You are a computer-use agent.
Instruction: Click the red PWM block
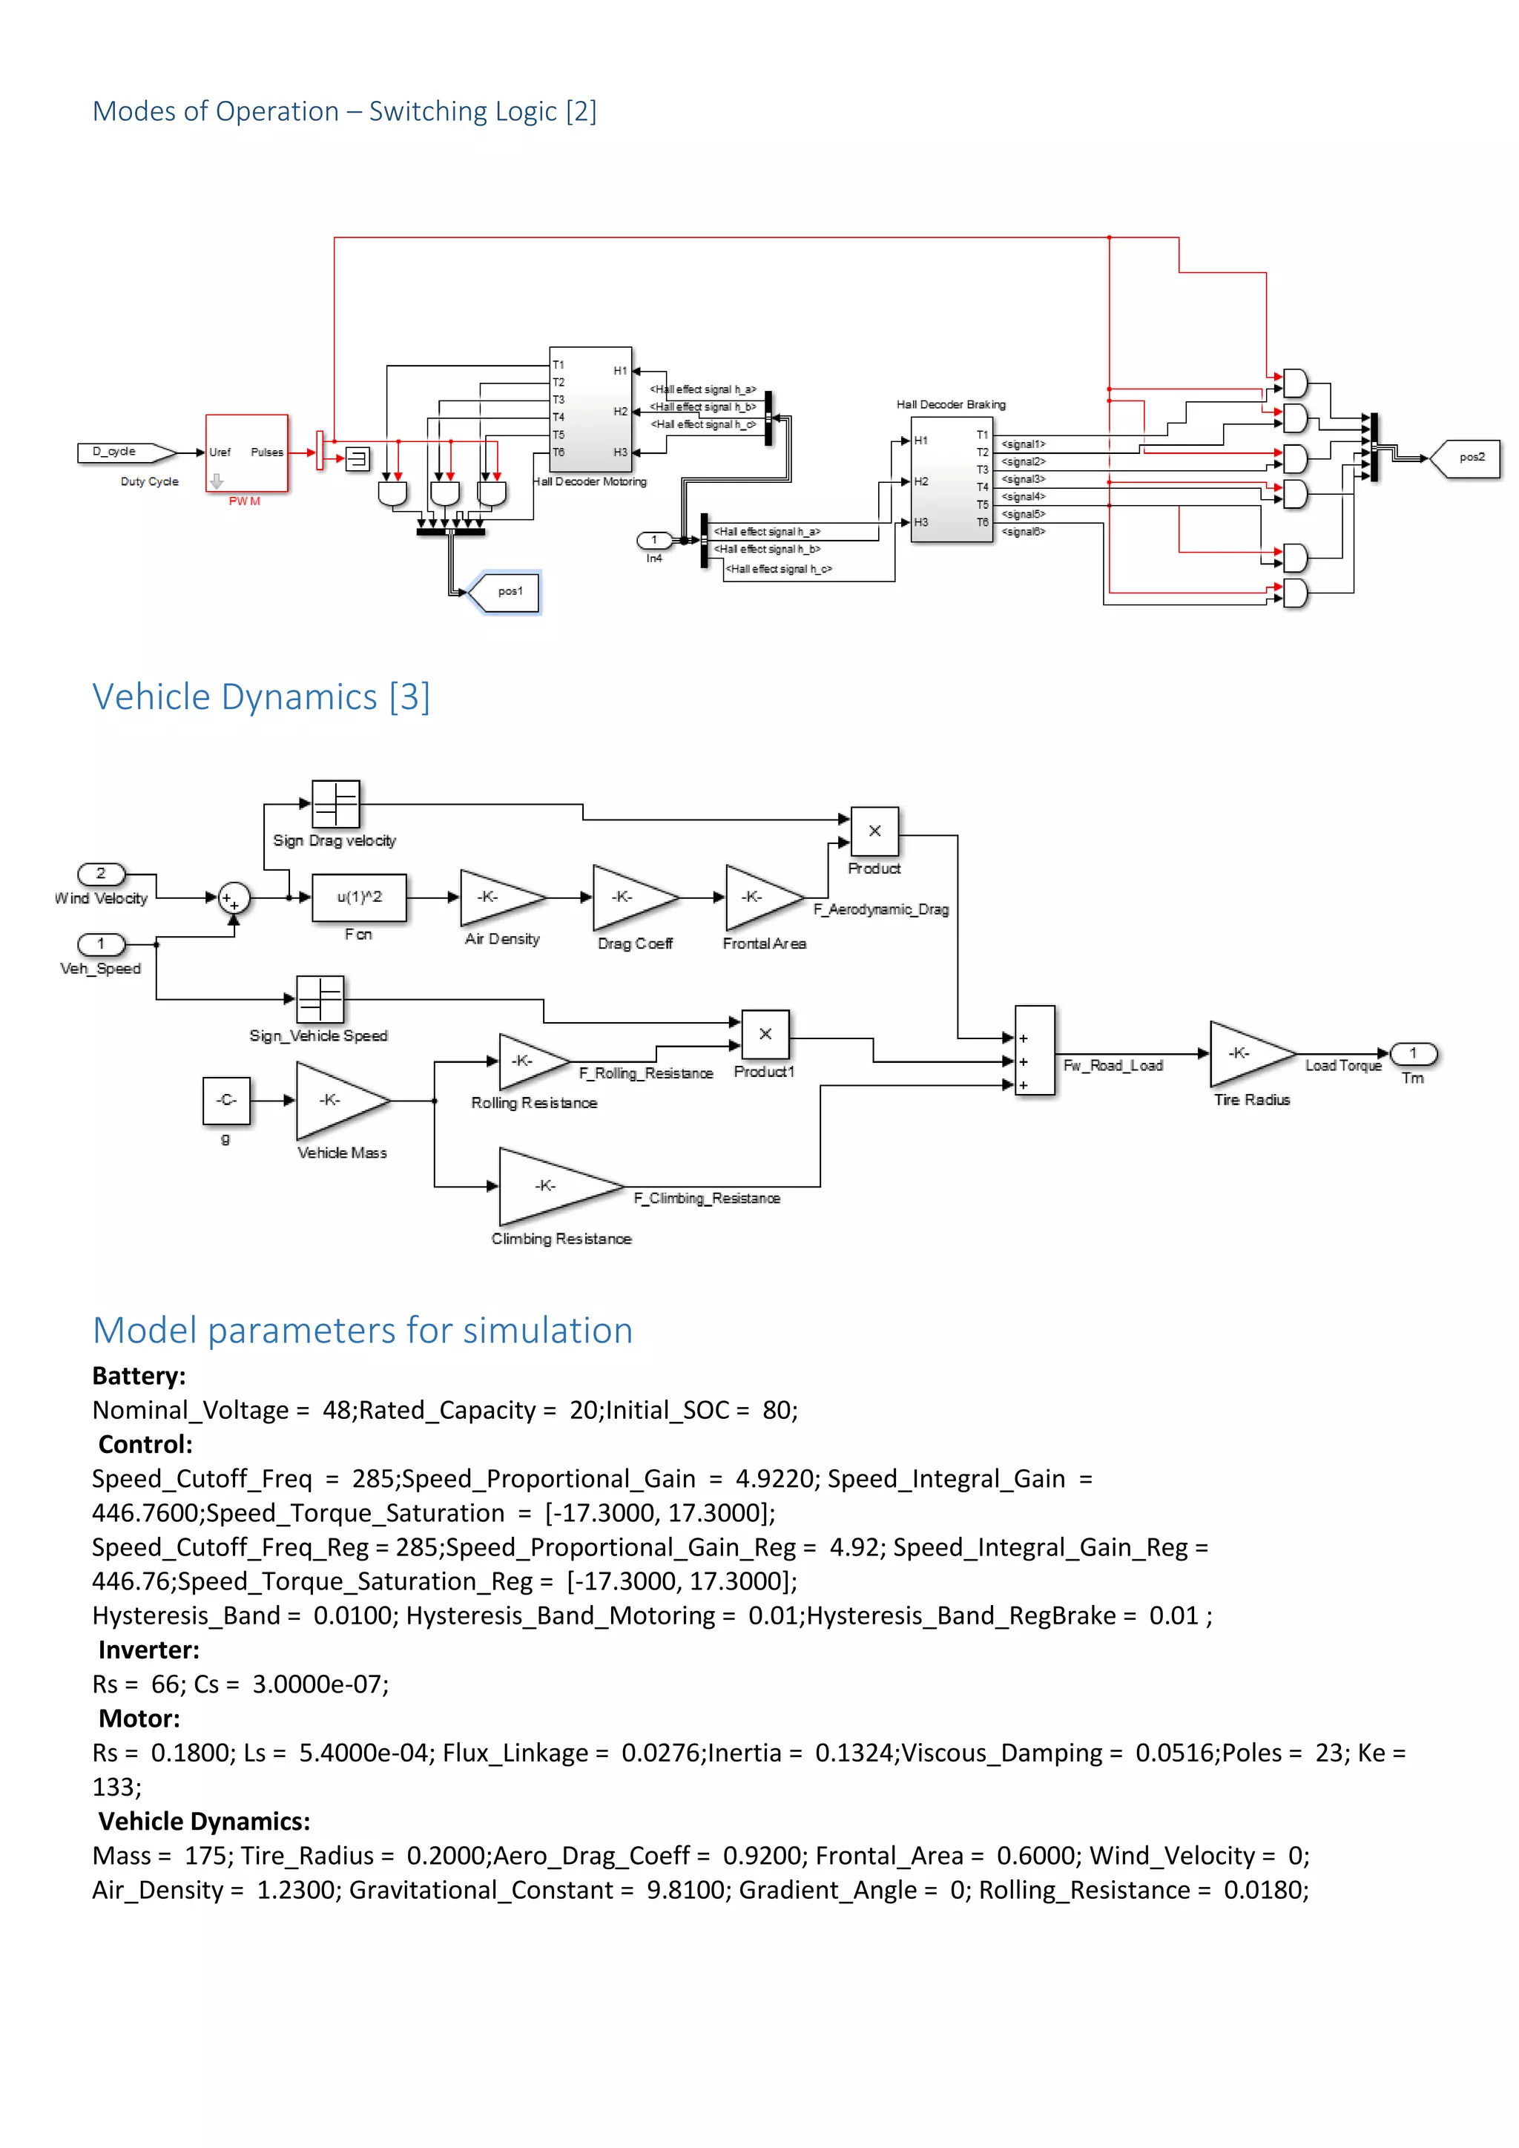point(247,452)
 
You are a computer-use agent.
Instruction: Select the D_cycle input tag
point(125,452)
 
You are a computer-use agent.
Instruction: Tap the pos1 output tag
point(505,591)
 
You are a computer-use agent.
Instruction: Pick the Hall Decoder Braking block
point(952,480)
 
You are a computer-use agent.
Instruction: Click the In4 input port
point(653,540)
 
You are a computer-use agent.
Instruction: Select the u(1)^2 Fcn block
point(359,897)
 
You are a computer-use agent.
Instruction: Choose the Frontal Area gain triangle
point(759,897)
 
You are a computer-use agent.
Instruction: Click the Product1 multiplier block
point(765,1035)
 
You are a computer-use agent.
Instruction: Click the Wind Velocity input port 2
point(101,873)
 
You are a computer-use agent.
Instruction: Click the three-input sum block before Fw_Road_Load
point(1035,1050)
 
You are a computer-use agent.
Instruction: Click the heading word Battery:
point(139,1375)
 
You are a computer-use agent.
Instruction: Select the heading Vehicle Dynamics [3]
point(261,697)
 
